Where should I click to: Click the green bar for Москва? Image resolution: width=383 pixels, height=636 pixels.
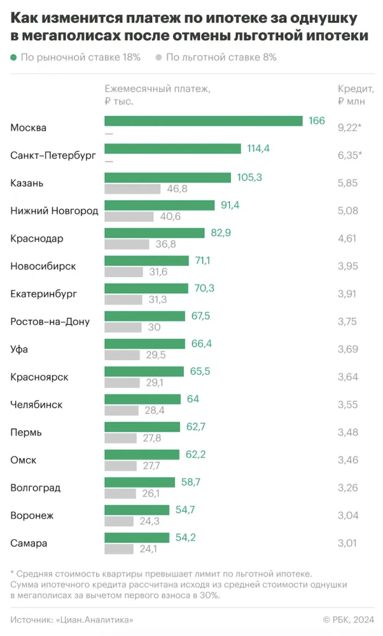point(203,121)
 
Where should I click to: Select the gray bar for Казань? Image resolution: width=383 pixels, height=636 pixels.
point(132,189)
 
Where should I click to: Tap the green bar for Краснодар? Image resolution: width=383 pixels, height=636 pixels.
point(154,233)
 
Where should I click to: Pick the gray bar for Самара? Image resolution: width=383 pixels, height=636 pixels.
point(119,549)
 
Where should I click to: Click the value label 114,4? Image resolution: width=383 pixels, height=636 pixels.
point(258,149)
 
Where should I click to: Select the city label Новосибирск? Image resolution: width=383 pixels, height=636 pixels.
point(43,266)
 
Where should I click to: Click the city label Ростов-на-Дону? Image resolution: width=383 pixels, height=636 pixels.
point(50,322)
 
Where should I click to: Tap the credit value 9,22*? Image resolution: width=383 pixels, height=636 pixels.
point(349,127)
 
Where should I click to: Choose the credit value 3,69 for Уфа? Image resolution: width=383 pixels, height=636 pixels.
point(348,350)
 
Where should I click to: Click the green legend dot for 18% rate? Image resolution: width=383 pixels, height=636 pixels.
point(14,58)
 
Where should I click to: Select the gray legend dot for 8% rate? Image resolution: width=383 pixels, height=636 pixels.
point(159,58)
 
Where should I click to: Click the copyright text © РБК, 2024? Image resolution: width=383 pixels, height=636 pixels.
point(348,619)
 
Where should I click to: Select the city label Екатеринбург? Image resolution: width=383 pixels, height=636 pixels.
point(44,294)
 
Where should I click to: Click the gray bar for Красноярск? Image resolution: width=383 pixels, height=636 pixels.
point(122,383)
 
